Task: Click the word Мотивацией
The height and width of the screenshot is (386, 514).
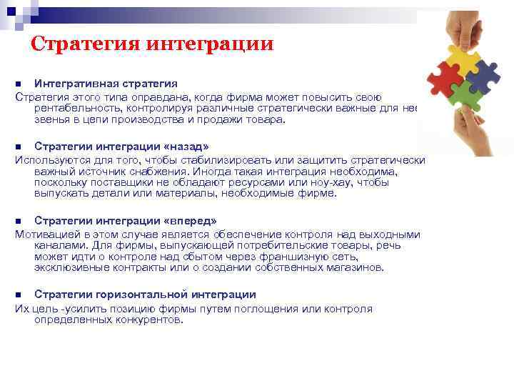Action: (x=47, y=234)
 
